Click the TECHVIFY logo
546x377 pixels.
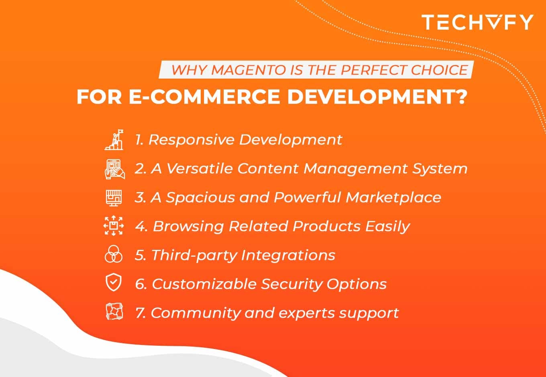click(477, 22)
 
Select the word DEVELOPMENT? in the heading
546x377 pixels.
click(377, 97)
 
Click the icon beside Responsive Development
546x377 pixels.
click(114, 140)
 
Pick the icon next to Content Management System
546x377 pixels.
click(114, 169)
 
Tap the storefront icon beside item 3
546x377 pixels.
click(114, 198)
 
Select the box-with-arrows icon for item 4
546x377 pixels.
click(114, 226)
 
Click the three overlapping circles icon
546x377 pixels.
click(114, 255)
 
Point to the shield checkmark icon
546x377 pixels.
click(114, 283)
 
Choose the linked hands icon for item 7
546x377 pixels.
click(114, 312)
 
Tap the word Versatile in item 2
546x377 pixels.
click(199, 168)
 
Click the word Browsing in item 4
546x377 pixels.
click(188, 227)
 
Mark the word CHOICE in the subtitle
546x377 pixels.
click(439, 70)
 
